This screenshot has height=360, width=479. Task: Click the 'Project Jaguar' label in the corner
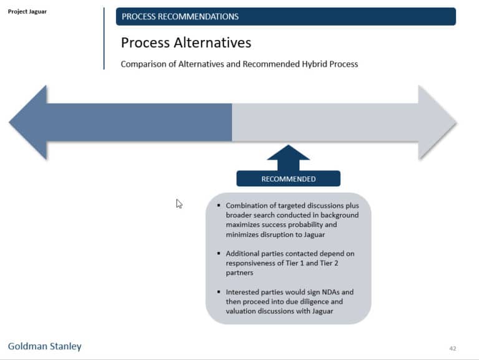click(27, 11)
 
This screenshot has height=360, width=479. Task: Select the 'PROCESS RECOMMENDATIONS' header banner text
click(180, 17)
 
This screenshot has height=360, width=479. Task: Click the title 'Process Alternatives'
click(186, 42)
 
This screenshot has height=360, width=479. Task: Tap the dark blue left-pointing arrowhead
click(29, 122)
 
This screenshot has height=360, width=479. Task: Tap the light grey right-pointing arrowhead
click(437, 122)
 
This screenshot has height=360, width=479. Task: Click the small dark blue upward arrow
click(288, 157)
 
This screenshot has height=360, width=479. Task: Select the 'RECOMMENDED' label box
click(288, 179)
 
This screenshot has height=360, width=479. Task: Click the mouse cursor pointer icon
click(179, 203)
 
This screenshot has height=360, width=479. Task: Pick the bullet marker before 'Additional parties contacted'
click(218, 254)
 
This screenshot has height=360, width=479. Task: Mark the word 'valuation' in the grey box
click(242, 311)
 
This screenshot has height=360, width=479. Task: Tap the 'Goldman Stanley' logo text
click(44, 346)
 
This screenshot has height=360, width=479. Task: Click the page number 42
click(453, 348)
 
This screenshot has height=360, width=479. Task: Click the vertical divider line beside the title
click(104, 39)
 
